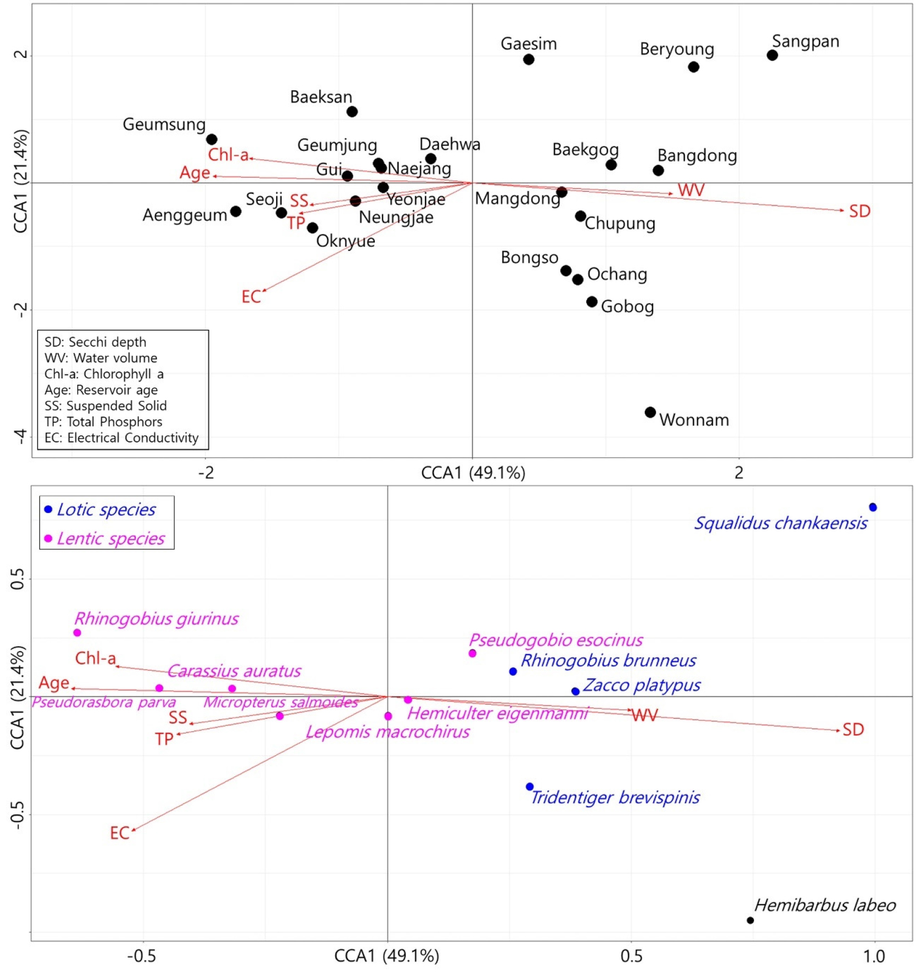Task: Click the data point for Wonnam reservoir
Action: point(650,412)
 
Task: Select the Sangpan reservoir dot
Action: point(772,55)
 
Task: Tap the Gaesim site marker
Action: point(528,60)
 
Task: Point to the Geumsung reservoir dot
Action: point(212,139)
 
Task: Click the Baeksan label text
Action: point(321,97)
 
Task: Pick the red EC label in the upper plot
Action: point(251,297)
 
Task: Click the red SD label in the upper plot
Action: point(859,212)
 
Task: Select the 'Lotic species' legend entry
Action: point(106,510)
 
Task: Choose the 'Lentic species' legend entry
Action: point(110,539)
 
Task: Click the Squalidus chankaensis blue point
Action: point(873,507)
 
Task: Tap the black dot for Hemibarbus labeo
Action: point(750,920)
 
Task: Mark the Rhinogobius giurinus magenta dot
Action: point(77,633)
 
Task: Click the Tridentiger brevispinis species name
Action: point(615,798)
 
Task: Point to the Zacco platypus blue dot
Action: point(575,691)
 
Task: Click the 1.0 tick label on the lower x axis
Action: point(874,956)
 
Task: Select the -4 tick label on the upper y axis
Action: point(21,436)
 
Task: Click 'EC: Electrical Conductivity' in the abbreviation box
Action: point(121,438)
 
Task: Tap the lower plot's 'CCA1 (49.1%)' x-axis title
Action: point(386,956)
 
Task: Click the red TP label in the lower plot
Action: point(164,739)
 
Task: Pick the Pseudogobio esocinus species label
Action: point(555,640)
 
